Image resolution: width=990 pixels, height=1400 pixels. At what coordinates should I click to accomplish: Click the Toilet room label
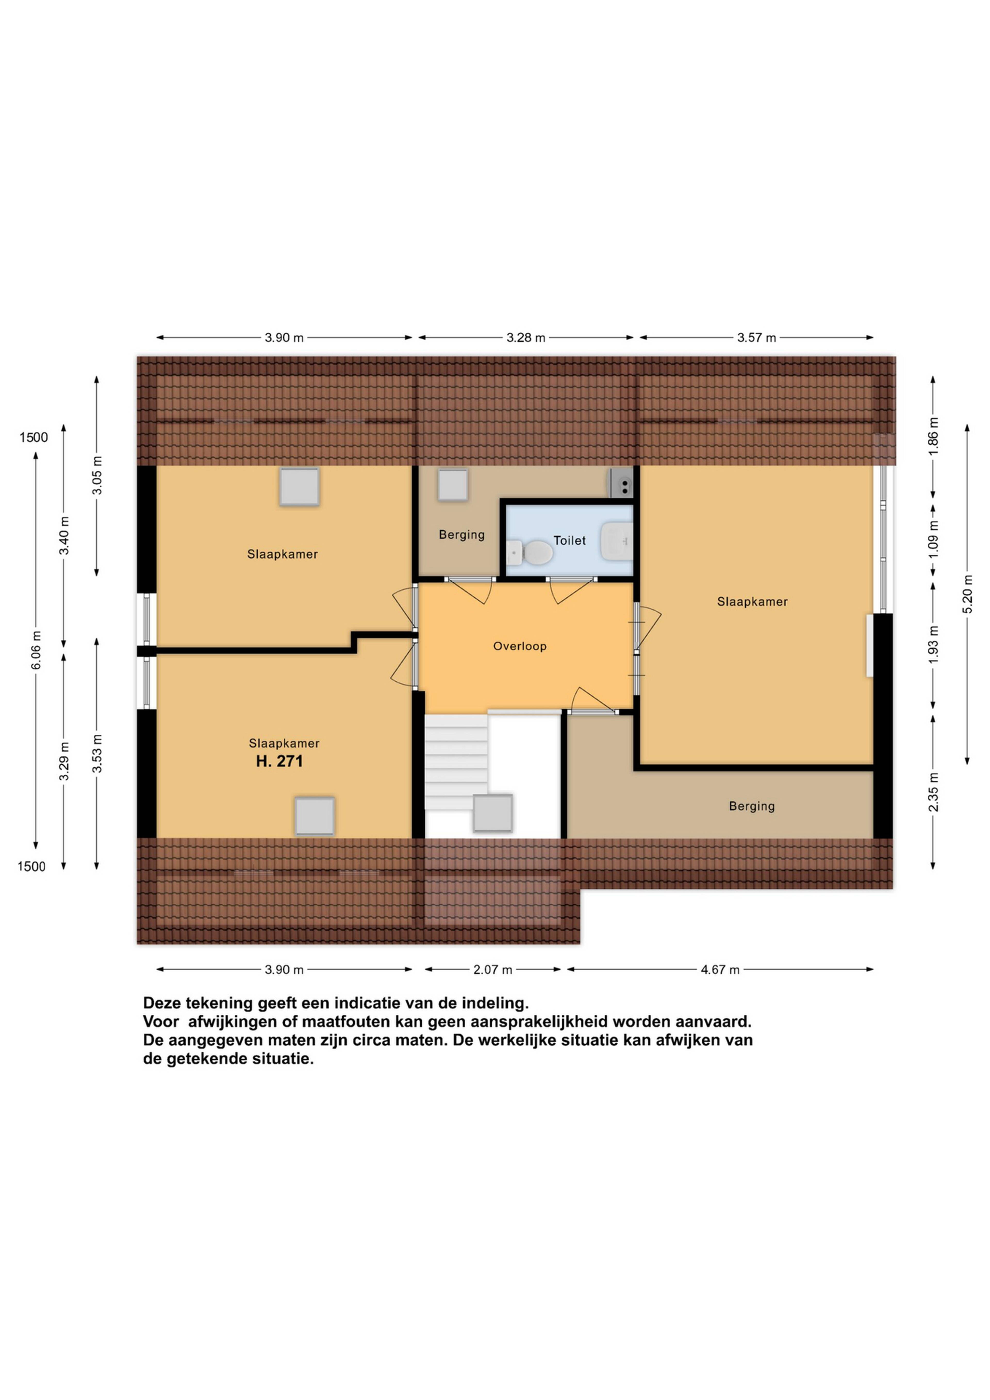pyautogui.click(x=569, y=540)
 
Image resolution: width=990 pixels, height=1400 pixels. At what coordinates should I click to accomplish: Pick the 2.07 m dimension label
pyautogui.click(x=493, y=970)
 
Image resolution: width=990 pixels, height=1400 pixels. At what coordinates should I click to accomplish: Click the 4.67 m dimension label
pyautogui.click(x=720, y=970)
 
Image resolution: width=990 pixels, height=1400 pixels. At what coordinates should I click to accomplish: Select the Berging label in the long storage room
pyautogui.click(x=752, y=806)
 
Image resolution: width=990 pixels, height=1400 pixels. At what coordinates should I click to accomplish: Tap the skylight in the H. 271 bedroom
pyautogui.click(x=315, y=816)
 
